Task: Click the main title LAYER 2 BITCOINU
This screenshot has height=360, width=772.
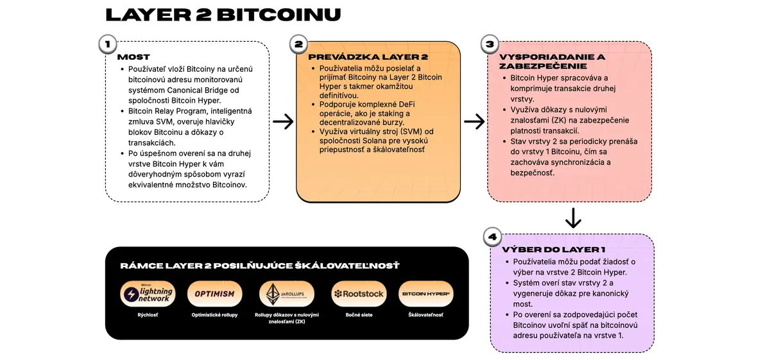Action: point(223,15)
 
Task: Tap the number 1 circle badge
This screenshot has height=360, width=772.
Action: point(108,44)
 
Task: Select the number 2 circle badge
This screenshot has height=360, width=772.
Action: point(298,44)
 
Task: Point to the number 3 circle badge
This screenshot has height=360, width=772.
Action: point(490,44)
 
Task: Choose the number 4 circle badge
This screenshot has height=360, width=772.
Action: point(492,237)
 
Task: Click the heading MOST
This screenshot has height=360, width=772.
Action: point(133,57)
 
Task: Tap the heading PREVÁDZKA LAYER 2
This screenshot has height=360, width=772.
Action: point(368,57)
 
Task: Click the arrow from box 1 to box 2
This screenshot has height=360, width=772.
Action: point(283,121)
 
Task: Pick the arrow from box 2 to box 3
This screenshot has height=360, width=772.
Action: point(474,121)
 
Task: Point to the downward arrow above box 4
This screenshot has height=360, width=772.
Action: point(573,218)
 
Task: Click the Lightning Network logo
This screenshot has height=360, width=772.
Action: point(148,294)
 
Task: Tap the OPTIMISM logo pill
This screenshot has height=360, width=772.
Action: point(215,294)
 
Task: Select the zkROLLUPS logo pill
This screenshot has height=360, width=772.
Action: point(287,294)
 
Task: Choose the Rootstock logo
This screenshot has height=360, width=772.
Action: point(359,294)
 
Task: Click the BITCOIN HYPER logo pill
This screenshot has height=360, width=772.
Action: point(426,294)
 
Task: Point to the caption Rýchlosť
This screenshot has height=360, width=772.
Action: point(148,315)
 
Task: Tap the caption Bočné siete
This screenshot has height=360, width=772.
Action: point(359,315)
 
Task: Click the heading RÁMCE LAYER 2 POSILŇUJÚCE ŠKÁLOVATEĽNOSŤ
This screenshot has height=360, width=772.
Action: point(260,266)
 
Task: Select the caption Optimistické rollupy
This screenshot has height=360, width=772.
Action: point(215,315)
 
